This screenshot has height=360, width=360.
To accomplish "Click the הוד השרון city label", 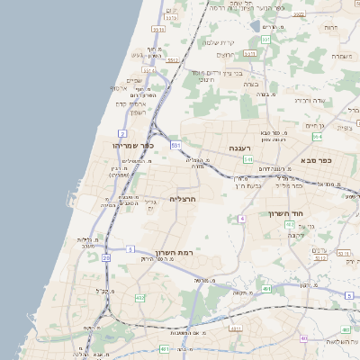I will coord(287,213).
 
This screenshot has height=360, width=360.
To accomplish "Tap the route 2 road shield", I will coord(121,133).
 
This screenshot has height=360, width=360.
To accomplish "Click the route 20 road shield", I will coord(106,258).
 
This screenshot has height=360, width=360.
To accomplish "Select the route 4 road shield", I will coord(242,219).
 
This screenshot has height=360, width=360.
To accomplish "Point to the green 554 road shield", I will coord(318,137).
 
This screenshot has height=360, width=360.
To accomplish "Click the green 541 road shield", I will coord(247,159).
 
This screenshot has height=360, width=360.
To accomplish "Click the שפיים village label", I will coord(133,80).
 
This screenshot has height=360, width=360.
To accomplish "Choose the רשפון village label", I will coord(137,112).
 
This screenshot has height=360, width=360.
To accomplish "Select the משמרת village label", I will coord(339,56).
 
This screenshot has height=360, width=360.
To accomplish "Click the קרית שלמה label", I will coord(219,42).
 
